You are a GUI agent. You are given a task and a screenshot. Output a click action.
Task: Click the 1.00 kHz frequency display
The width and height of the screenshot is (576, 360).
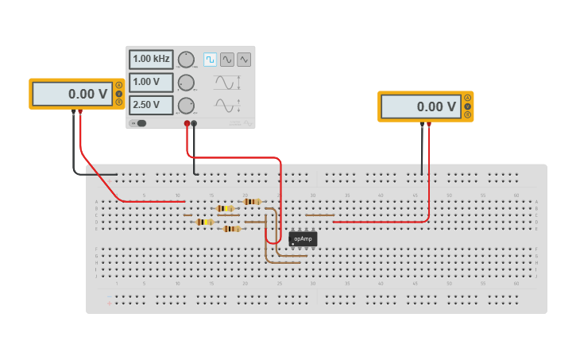coord(151,60)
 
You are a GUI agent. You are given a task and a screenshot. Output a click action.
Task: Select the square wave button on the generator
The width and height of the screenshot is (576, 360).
coord(210,60)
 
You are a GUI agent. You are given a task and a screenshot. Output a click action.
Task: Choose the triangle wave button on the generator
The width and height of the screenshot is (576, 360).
coord(244,60)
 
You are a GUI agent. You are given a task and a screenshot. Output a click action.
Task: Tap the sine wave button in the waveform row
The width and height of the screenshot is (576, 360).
coord(227,60)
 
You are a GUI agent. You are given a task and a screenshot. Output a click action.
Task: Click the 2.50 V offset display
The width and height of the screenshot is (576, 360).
coord(151,105)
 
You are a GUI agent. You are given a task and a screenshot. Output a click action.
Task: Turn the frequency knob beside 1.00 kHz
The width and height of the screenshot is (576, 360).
coord(186,60)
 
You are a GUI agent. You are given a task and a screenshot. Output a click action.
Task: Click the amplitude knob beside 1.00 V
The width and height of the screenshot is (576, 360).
coord(186,83)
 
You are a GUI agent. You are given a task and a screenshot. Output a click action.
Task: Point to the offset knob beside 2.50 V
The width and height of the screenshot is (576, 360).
coord(186,105)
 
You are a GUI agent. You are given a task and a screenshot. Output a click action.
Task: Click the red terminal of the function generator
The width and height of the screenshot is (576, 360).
coord(187,123)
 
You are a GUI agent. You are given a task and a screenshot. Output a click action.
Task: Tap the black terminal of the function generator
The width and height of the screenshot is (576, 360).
coord(194,123)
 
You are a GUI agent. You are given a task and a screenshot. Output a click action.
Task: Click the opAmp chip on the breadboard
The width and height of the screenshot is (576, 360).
coord(303,238)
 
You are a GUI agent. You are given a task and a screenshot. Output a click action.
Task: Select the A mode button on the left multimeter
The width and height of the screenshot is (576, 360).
coord(119,85)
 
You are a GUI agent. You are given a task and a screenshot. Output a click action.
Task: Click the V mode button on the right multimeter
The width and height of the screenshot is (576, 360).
coord(468,106)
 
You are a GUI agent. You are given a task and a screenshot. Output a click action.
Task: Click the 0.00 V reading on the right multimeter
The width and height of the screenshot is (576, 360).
coord(420,106)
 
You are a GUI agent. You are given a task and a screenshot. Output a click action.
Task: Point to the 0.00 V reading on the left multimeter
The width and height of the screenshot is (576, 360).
coord(72,94)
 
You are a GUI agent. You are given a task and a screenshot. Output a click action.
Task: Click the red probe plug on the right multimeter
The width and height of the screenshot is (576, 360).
coord(429,124)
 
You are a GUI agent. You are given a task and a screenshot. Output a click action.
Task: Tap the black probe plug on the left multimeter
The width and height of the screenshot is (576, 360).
coord(74,113)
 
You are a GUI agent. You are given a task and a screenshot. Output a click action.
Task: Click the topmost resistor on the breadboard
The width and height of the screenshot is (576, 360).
coord(252,202)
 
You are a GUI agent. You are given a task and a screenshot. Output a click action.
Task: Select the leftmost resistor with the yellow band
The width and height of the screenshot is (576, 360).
coord(205,222)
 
